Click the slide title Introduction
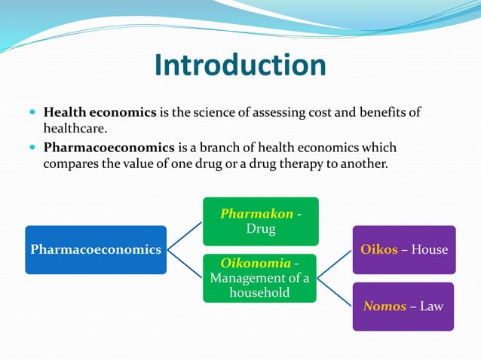pos(240,66)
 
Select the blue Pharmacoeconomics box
pos(96,249)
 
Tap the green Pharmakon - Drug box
pos(261,221)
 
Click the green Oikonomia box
pos(260,278)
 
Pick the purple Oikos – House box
pos(404,249)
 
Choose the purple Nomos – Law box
pos(403,307)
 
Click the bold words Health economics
pos(100,112)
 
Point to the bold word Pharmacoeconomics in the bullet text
pos(109,148)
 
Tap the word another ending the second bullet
pos(363,163)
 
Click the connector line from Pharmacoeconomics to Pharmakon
pos(185,235)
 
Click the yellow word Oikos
pos(379,249)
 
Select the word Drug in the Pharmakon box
pos(261,229)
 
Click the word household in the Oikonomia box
pos(260,292)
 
